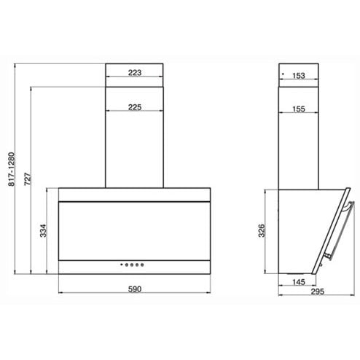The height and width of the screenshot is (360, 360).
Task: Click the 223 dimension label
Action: point(135,72)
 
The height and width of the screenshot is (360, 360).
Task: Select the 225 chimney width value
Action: point(135,107)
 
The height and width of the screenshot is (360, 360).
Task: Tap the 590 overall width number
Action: point(135,289)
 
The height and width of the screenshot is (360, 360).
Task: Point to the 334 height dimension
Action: point(43,230)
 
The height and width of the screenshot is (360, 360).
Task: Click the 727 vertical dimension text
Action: point(28,179)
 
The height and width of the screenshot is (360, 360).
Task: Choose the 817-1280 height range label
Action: point(12,169)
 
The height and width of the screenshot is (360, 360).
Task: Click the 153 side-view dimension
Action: point(299,76)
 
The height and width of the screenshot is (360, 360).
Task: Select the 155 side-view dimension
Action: point(299,109)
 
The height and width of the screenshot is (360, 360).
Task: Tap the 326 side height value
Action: point(262,230)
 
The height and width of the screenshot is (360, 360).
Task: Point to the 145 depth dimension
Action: point(299,282)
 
